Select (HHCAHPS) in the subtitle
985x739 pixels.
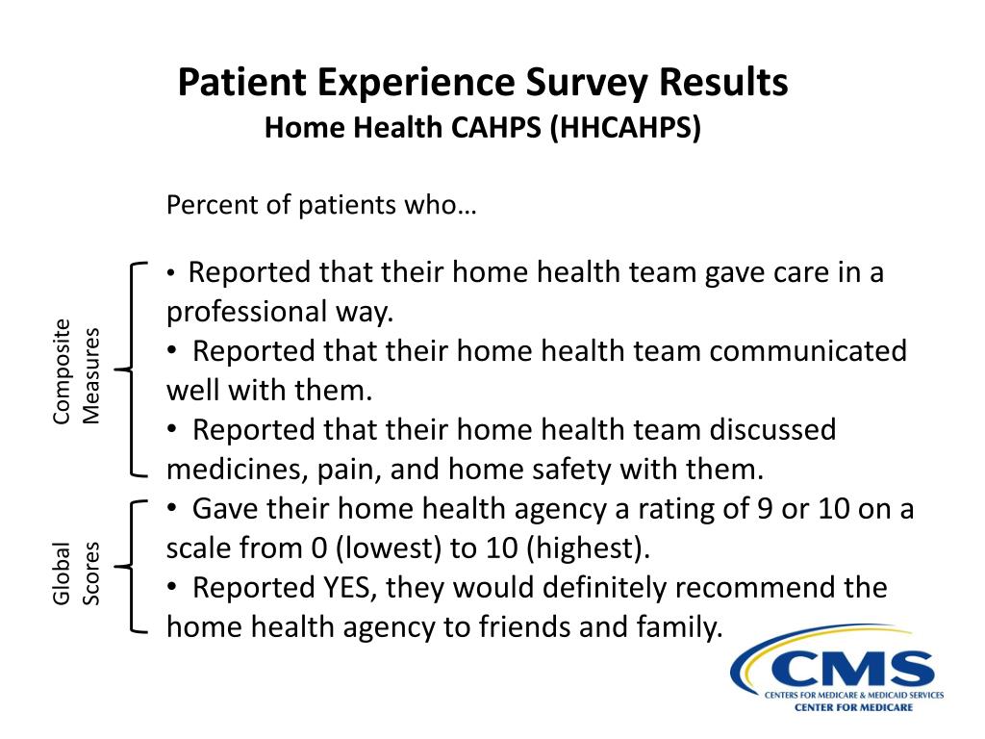(626, 127)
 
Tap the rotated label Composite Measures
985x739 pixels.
(76, 370)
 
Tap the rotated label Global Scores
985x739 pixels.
(76, 573)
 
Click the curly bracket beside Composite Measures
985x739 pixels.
(131, 369)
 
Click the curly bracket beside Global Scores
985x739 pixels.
(133, 567)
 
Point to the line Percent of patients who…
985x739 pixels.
(321, 206)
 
